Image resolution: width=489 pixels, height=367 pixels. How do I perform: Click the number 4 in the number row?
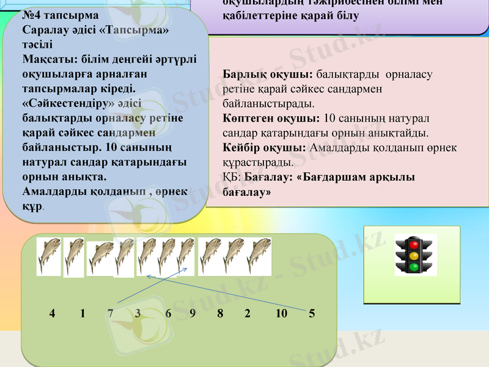pyautogui.click(x=52, y=314)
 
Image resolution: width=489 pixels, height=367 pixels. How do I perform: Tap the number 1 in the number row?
pyautogui.click(x=83, y=314)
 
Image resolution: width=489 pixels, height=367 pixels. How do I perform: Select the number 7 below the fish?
pyautogui.click(x=110, y=314)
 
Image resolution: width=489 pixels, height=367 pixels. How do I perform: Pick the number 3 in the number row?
pyautogui.click(x=138, y=314)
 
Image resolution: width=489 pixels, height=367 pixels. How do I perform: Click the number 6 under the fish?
pyautogui.click(x=168, y=314)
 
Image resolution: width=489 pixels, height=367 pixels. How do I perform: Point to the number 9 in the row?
pyautogui.click(x=193, y=314)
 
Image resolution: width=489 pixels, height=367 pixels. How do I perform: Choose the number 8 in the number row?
pyautogui.click(x=220, y=314)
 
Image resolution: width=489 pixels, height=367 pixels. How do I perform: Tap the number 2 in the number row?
pyautogui.click(x=248, y=314)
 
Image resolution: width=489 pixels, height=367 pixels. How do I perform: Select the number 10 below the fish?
pyautogui.click(x=281, y=314)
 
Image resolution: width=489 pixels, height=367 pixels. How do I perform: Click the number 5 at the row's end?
pyautogui.click(x=312, y=314)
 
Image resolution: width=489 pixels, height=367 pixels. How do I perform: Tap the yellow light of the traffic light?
pyautogui.click(x=414, y=256)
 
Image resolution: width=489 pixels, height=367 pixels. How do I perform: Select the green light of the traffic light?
pyautogui.click(x=414, y=267)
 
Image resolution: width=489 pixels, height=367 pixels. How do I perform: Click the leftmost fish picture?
pyautogui.click(x=49, y=255)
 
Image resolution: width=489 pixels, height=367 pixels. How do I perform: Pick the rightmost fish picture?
pyautogui.click(x=259, y=256)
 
